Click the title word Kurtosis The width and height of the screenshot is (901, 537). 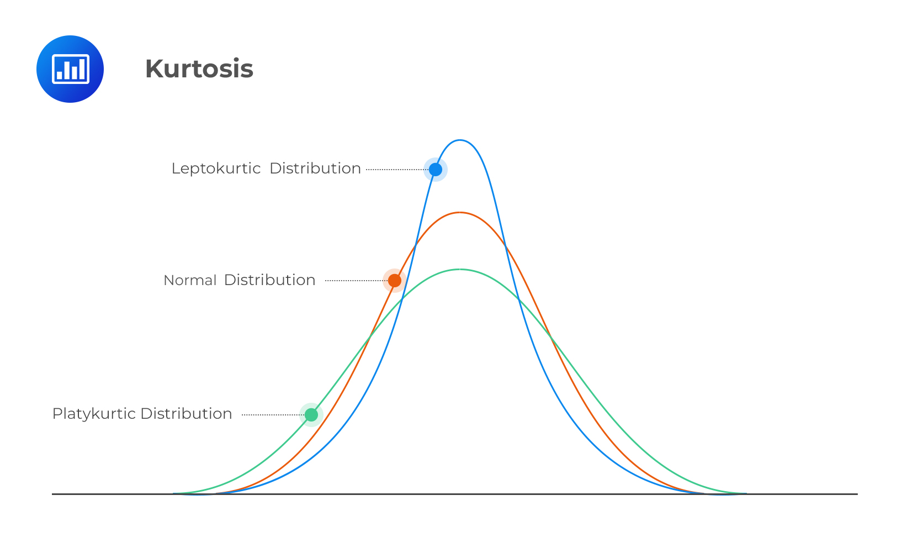pos(199,69)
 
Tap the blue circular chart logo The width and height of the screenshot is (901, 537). pos(70,69)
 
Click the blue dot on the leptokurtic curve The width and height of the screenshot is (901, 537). pos(436,169)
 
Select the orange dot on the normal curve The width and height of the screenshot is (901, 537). pos(394,281)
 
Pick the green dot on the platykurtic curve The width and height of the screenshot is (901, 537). pos(311,414)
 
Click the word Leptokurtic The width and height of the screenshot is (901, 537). pos(216,169)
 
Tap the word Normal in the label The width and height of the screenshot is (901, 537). pos(190,281)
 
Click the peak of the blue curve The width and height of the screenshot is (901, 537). pos(460,140)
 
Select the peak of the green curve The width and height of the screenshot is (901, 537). pos(460,270)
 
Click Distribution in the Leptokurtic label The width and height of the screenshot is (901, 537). pos(315,169)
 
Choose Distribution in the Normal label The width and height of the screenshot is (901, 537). pos(269,280)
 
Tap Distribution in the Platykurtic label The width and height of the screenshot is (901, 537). pos(186,414)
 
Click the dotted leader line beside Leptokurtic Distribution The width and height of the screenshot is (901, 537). pos(394,170)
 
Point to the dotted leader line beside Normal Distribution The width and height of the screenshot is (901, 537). pos(353,281)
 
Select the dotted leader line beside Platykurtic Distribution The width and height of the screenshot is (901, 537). pos(271,414)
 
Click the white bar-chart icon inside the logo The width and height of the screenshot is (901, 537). pos(70,69)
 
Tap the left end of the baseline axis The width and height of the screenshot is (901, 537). pos(54,494)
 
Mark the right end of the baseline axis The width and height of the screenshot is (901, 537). pos(856,494)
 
